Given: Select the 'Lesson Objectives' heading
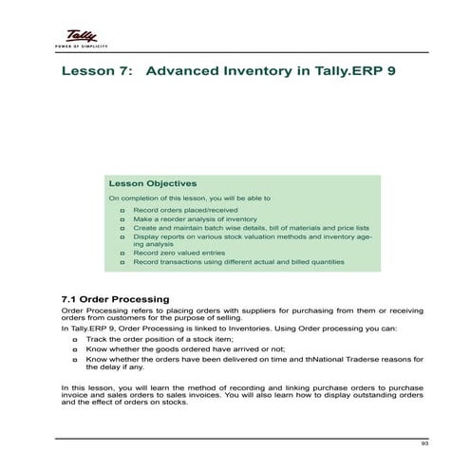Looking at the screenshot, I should (153, 183).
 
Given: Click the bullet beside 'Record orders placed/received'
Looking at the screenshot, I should (122, 209).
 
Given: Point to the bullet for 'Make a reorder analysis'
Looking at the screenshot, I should (122, 218).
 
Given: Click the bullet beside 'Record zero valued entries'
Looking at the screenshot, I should (122, 253).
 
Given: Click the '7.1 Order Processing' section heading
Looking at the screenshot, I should (114, 300).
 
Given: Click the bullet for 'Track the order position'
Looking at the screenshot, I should (75, 338).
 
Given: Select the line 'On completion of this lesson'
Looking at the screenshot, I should (189, 197).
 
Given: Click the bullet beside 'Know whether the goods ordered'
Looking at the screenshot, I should (75, 348).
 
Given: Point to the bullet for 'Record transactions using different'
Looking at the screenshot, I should (122, 261).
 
